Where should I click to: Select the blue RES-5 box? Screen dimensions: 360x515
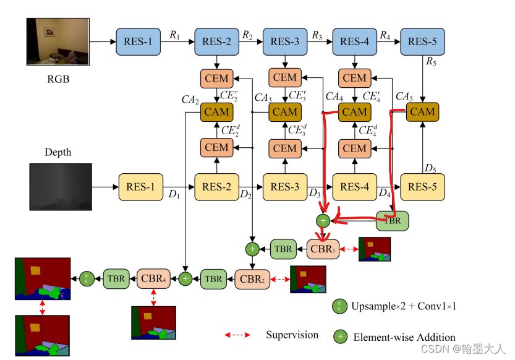tap(423, 41)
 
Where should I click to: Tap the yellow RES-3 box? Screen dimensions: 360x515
tap(284, 186)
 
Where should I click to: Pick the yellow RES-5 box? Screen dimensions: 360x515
tap(423, 186)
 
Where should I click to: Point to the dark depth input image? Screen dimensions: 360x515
tap(60, 186)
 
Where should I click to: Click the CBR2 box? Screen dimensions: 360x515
tap(252, 279)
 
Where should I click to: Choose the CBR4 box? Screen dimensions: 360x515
tap(154, 279)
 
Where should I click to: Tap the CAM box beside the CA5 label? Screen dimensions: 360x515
tap(423, 112)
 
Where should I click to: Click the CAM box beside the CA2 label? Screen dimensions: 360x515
tap(216, 112)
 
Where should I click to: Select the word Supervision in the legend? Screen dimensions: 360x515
tap(292, 335)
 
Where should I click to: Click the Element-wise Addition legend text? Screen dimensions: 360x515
tap(404, 337)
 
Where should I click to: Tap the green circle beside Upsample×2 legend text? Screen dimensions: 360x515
tap(339, 306)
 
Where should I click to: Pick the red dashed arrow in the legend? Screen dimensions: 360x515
tap(237, 335)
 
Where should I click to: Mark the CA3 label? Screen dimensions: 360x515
tap(263, 98)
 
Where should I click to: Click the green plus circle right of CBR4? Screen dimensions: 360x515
tap(185, 279)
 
